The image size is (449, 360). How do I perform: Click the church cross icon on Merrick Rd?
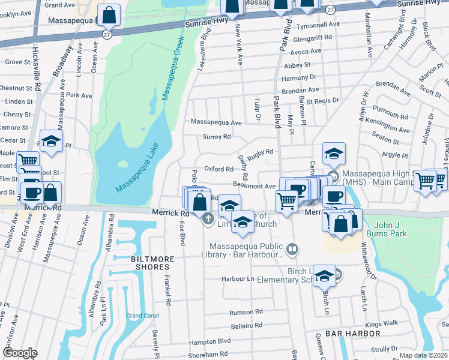pyautogui.click(x=208, y=218)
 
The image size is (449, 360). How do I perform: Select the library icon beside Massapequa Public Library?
pyautogui.click(x=292, y=248)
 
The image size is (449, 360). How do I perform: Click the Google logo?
pyautogui.click(x=20, y=353)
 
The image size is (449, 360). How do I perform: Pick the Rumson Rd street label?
pyautogui.click(x=246, y=312)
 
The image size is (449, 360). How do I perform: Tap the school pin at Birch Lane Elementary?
pyautogui.click(x=324, y=275)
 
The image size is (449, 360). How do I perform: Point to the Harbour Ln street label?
pyautogui.click(x=238, y=279)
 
